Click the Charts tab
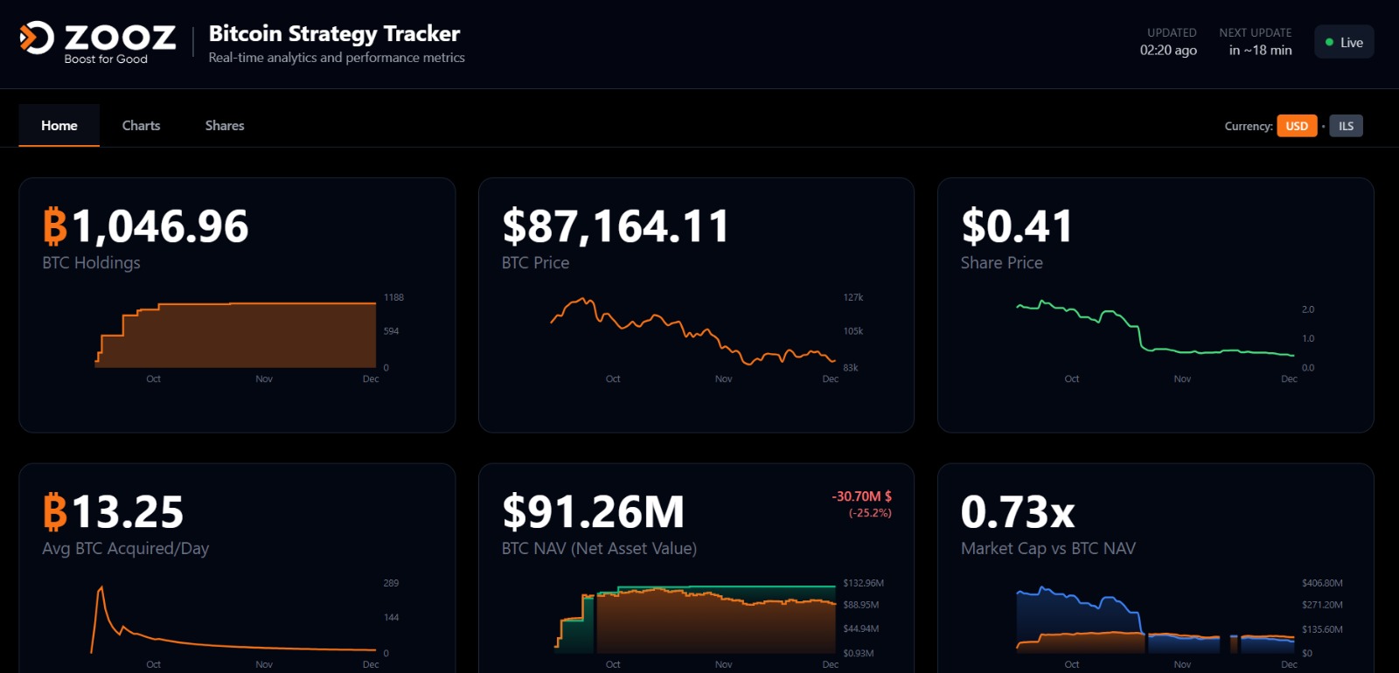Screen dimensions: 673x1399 pos(141,126)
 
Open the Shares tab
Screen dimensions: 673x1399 pos(225,126)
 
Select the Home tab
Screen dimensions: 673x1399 pos(59,126)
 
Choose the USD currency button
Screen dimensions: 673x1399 pos(1297,126)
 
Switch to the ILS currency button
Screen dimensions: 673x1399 pos(1346,126)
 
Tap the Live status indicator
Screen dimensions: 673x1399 pos(1344,43)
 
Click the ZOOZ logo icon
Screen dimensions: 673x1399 pos(37,38)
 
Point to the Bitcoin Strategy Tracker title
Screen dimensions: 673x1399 pos(334,34)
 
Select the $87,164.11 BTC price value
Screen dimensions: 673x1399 pos(616,226)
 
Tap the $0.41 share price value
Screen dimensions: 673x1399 pos(1017,226)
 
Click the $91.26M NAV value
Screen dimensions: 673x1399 pos(593,512)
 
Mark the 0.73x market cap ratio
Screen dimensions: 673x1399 pos(1018,512)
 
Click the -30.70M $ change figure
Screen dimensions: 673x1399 pos(861,496)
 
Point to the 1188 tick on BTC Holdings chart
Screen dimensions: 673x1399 pos(393,298)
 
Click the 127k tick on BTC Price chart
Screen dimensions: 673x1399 pos(853,298)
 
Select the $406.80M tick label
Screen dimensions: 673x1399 pos(1322,583)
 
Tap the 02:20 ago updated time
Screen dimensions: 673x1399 pos(1168,51)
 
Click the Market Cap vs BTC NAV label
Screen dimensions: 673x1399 pos(1048,549)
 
